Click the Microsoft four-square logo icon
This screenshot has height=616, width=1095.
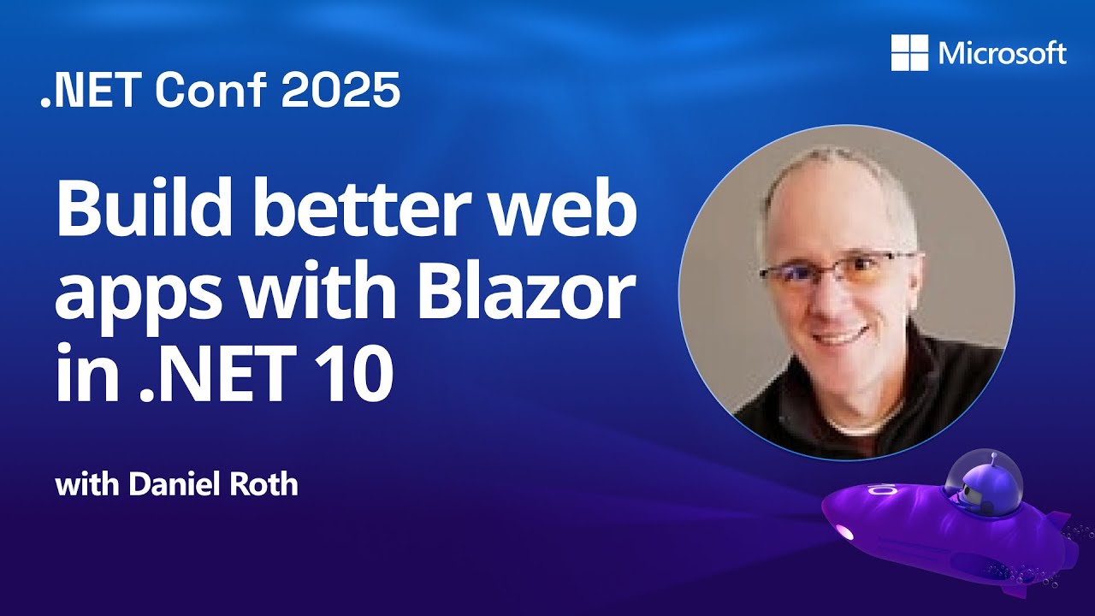(909, 53)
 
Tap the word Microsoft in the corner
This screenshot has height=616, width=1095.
(1003, 54)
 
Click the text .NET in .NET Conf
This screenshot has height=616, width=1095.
(87, 90)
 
